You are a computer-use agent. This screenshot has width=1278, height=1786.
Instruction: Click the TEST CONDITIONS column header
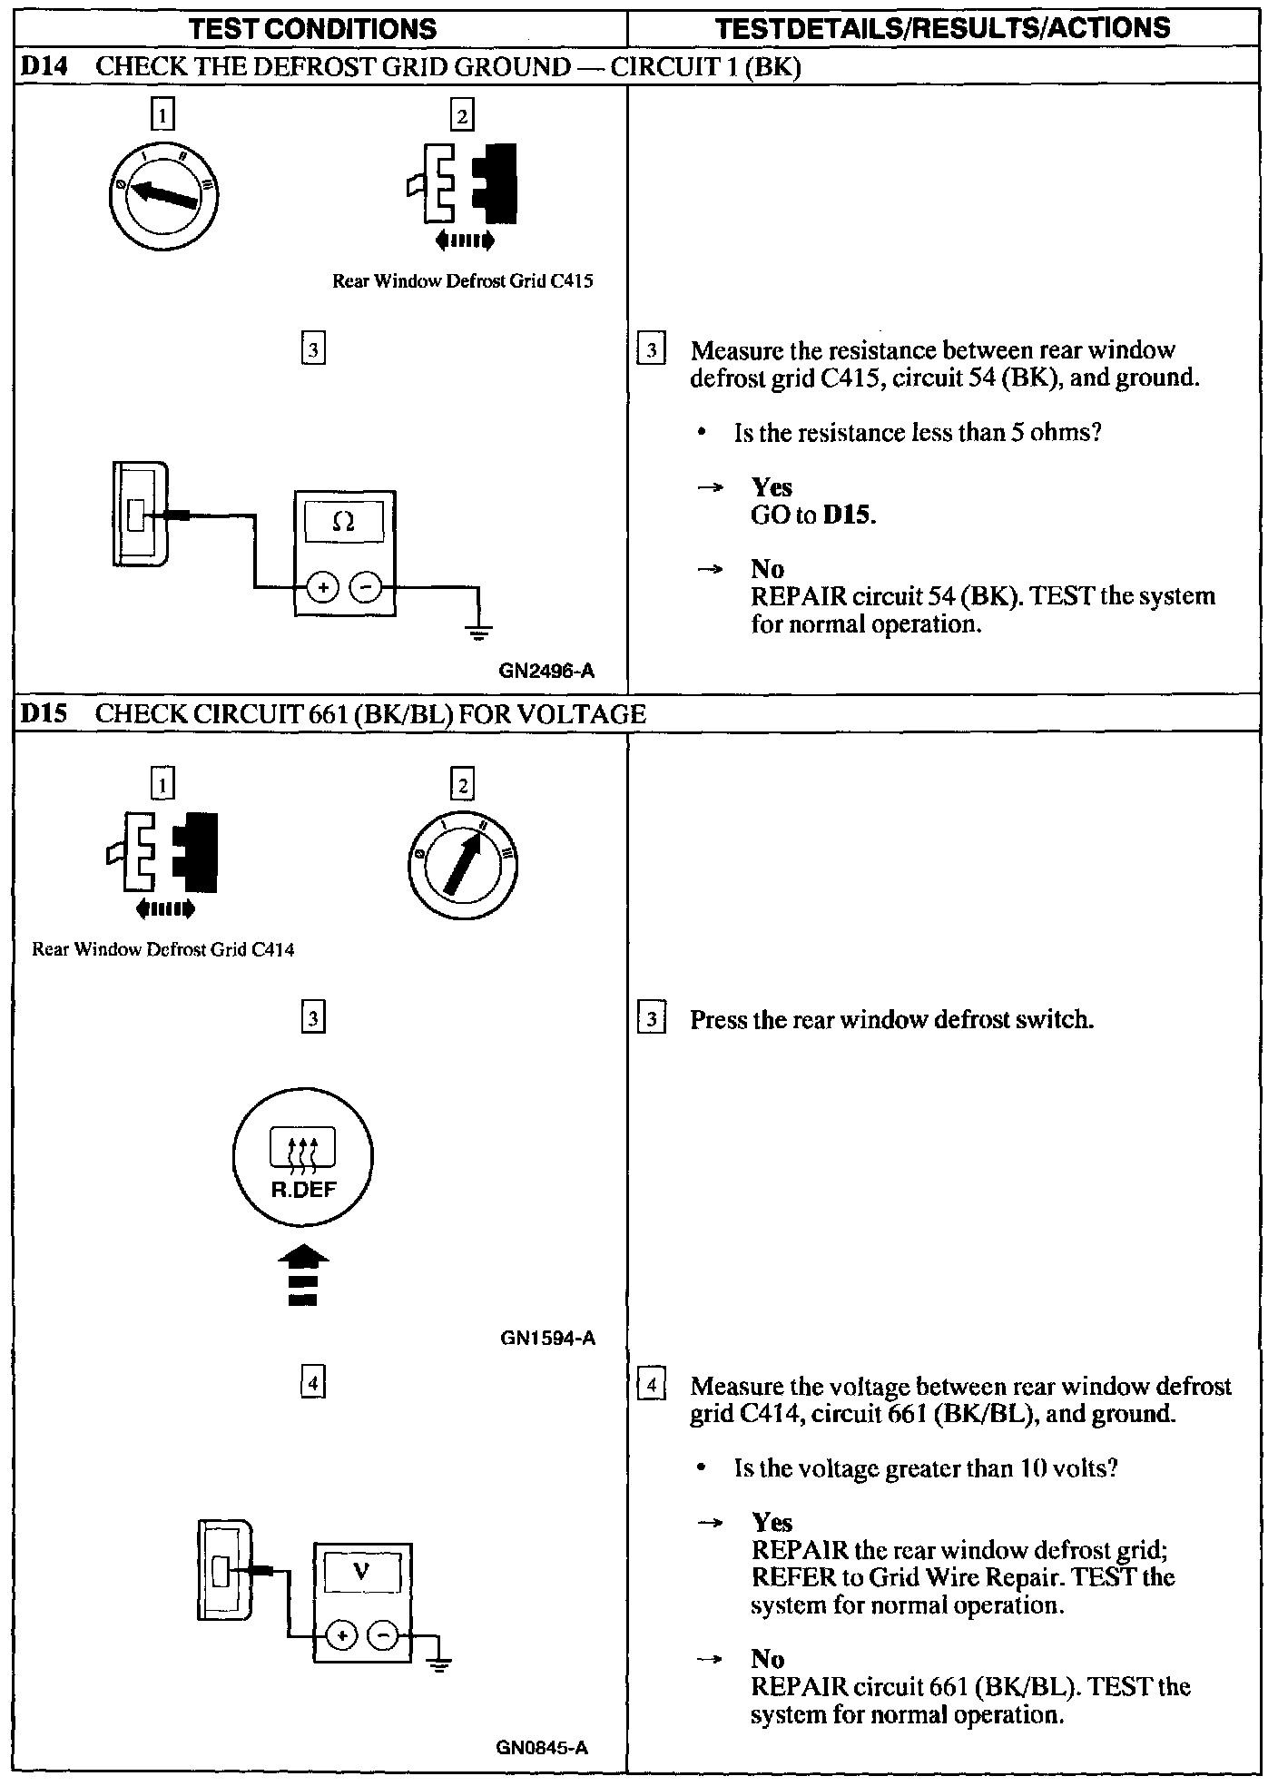(x=312, y=29)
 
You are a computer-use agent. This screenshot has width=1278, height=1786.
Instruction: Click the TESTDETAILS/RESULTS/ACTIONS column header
(x=942, y=29)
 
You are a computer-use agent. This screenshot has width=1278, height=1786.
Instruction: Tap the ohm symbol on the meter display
(x=344, y=521)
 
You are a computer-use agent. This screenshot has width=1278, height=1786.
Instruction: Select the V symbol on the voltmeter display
(x=362, y=1570)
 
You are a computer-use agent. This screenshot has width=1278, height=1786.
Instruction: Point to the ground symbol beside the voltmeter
(x=439, y=1663)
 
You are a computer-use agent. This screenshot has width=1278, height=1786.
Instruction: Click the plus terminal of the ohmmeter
(x=323, y=588)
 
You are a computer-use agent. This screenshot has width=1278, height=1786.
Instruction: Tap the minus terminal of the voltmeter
(x=383, y=1635)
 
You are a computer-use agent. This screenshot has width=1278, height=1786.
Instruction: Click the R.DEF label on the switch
(x=304, y=1190)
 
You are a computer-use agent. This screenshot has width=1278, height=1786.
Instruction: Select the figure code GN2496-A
(x=546, y=672)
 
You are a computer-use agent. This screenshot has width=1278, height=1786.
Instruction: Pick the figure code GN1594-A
(x=547, y=1338)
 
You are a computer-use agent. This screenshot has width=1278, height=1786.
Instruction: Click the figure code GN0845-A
(x=542, y=1747)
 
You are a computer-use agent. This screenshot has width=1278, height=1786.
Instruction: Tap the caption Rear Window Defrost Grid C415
(x=462, y=281)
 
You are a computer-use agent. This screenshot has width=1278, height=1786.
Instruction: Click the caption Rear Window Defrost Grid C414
(x=163, y=950)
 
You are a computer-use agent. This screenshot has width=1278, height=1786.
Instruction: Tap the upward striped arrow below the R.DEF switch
(x=303, y=1276)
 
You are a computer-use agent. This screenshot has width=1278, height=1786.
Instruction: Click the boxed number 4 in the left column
(x=312, y=1383)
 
